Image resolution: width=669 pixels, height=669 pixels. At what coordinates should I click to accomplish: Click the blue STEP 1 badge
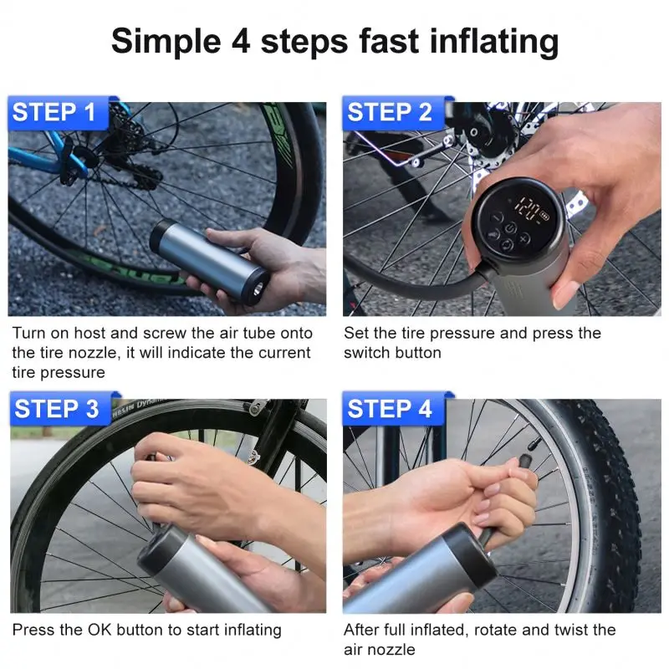coord(54,113)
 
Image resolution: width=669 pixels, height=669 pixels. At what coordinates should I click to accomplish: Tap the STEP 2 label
coord(389,113)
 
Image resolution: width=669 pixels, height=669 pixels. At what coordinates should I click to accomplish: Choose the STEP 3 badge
coord(56,409)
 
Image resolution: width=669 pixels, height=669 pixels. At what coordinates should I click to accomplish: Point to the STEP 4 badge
coord(389,409)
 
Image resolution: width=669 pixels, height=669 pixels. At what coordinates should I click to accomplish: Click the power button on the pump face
coord(507,245)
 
